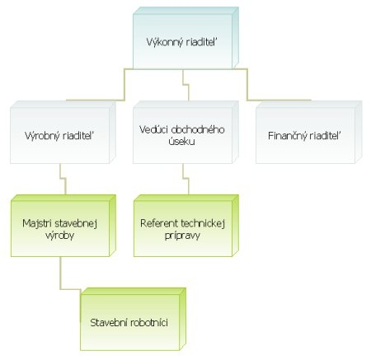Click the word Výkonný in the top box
pos(165,43)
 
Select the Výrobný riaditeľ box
pos(63,132)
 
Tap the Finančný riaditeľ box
pos(309,132)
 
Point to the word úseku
pos(182,141)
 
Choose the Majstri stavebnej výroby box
pos(63,226)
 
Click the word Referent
pos(159,223)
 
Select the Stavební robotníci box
pos(134,319)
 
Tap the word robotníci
pos(149,322)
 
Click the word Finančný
pos(287,136)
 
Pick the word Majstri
pos(37,223)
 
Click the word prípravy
pos(182,236)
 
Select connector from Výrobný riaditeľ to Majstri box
pos(63,179)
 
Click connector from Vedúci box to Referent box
pos(185,179)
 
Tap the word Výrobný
pos(42,136)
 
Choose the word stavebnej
pos(76,223)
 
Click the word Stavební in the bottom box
pos(109,322)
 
